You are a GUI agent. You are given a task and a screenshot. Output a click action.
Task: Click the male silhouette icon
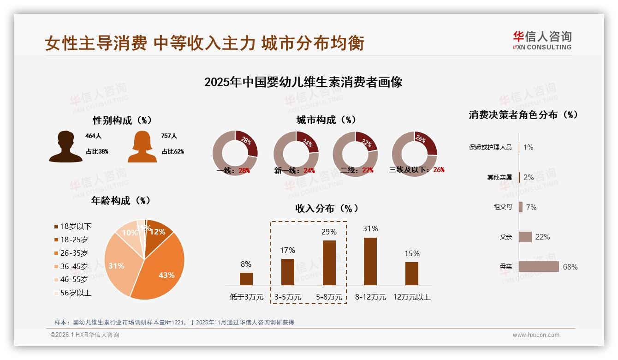(65, 147)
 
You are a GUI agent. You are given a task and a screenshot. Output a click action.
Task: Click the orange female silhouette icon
(142, 147)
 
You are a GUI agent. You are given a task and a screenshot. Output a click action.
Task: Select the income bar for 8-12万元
(370, 261)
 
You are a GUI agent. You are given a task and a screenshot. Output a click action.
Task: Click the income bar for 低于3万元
(246, 279)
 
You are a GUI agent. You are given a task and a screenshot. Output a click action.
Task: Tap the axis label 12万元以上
(411, 297)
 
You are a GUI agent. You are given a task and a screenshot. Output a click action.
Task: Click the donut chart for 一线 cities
(235, 153)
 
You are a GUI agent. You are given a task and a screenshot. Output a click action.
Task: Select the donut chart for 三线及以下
(414, 153)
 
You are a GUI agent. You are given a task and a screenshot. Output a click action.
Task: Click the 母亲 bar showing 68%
(539, 267)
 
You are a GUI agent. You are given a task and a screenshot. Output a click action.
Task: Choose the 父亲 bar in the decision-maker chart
(525, 237)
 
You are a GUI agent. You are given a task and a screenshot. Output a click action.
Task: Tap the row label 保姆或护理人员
(490, 147)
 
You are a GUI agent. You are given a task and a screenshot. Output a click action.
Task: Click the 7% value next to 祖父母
(531, 207)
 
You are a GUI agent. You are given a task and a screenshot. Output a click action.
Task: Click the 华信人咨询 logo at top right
(542, 41)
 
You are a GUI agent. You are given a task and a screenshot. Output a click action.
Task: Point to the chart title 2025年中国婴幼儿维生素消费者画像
(303, 82)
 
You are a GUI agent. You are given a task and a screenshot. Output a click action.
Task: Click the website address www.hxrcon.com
(536, 335)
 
